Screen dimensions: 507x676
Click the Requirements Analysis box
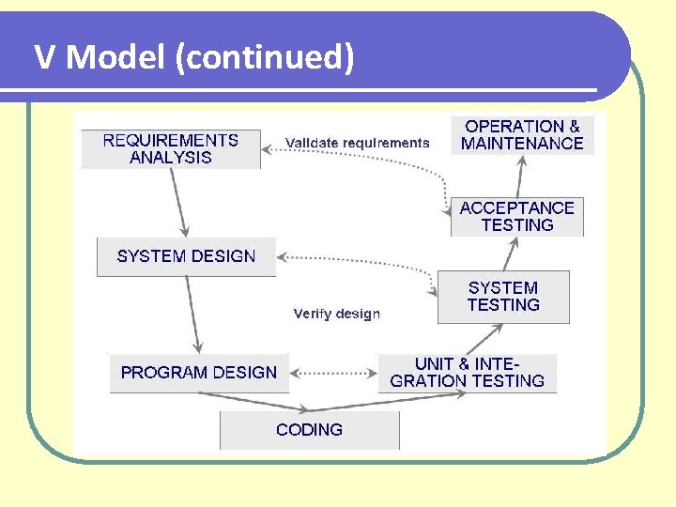pyautogui.click(x=171, y=149)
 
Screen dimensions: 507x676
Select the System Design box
pyautogui.click(x=186, y=256)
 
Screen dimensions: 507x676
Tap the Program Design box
pyautogui.click(x=199, y=373)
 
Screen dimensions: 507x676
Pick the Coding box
pyautogui.click(x=309, y=430)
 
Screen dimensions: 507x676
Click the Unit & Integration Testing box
pyautogui.click(x=467, y=373)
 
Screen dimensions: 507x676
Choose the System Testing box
pyautogui.click(x=503, y=297)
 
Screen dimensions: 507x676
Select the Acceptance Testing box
pyautogui.click(x=516, y=217)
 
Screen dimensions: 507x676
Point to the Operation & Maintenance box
pyautogui.click(x=522, y=135)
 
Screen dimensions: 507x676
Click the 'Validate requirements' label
pyautogui.click(x=357, y=144)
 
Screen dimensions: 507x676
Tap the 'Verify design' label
pyautogui.click(x=336, y=314)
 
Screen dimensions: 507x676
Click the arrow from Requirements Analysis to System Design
pyautogui.click(x=178, y=202)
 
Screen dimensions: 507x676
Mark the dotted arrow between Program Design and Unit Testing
pyautogui.click(x=332, y=373)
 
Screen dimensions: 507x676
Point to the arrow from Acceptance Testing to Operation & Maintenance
pyautogui.click(x=519, y=176)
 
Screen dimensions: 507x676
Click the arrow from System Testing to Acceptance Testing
pyautogui.click(x=510, y=253)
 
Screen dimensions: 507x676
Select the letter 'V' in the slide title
pyautogui.click(x=45, y=58)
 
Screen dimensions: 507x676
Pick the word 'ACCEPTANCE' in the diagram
pyautogui.click(x=516, y=208)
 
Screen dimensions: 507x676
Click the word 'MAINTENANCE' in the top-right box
pyautogui.click(x=522, y=144)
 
